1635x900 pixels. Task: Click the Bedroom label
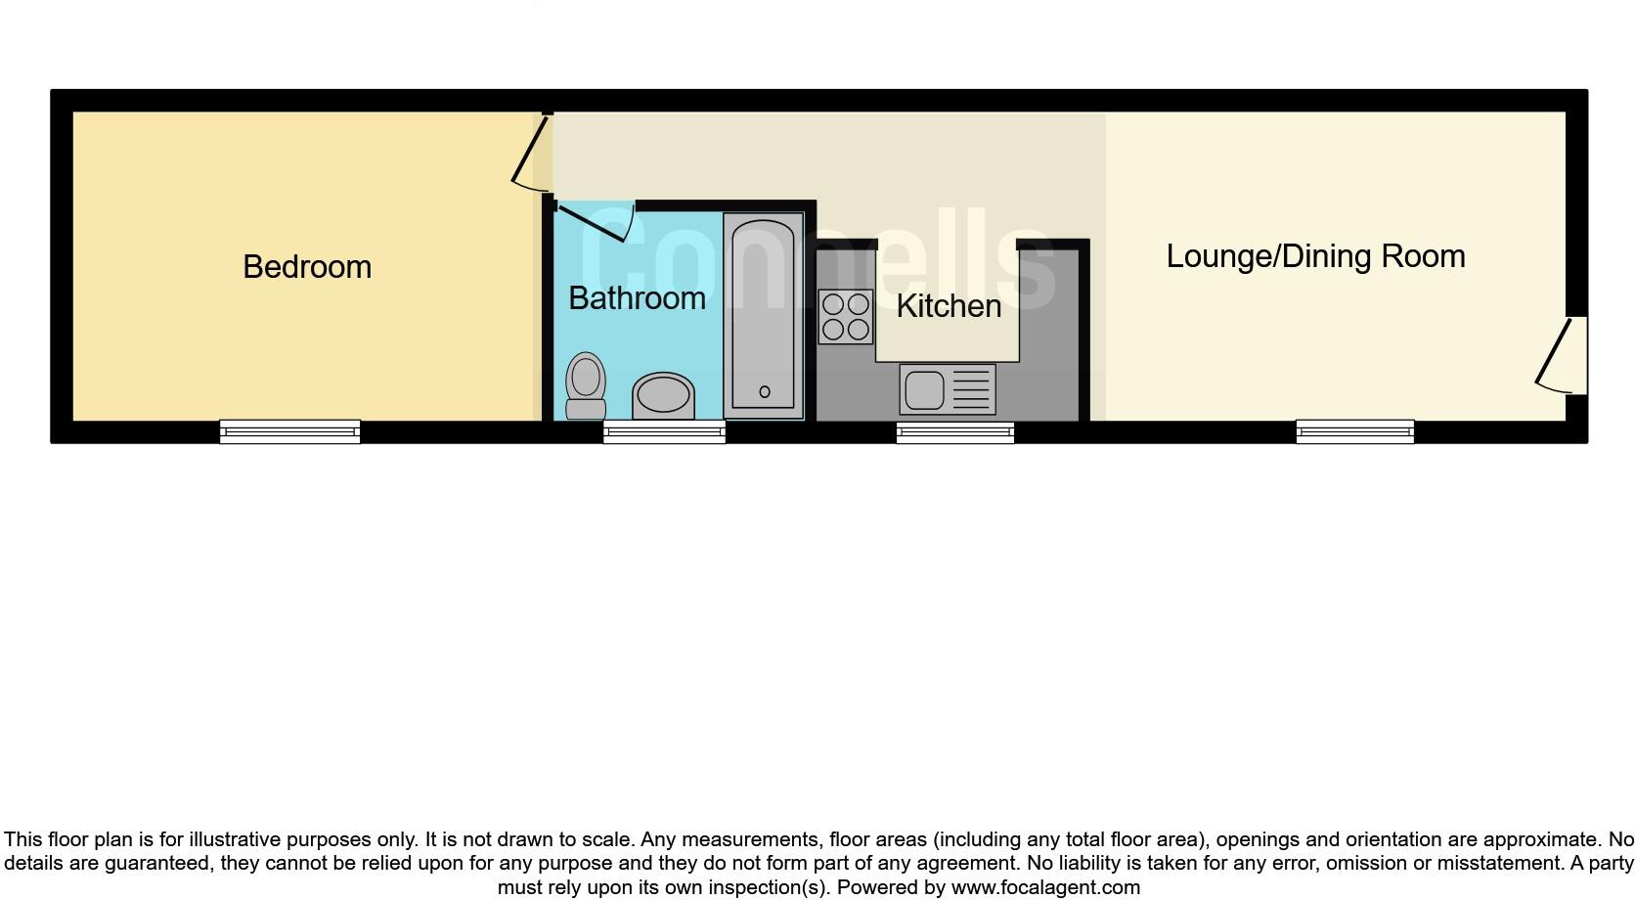(307, 267)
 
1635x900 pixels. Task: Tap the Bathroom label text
(637, 298)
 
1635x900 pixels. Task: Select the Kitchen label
(949, 306)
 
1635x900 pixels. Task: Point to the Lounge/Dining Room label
(1315, 256)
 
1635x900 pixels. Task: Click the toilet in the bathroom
(586, 385)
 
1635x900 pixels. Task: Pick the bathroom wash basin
(664, 396)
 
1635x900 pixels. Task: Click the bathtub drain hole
(765, 391)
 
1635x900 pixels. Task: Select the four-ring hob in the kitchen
(846, 317)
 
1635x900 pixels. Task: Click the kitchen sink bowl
(924, 390)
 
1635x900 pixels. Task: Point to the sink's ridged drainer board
(971, 390)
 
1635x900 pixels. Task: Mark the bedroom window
(289, 431)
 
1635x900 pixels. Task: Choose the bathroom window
(664, 431)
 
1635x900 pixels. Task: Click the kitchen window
(955, 431)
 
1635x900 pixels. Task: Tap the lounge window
(1354, 431)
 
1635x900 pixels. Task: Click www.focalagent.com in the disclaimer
(1045, 887)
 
